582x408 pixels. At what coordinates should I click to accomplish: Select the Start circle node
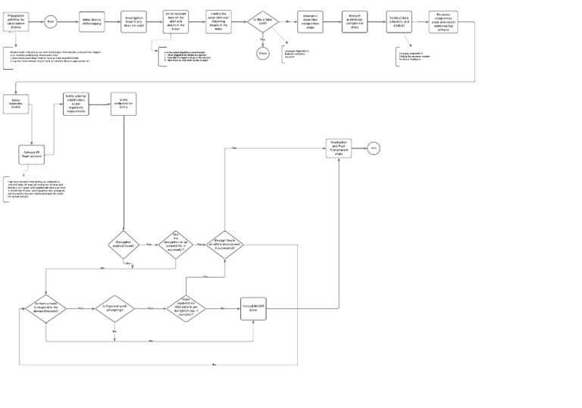51,22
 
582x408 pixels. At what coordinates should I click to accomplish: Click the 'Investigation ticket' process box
134,22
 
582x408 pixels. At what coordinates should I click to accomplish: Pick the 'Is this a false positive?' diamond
262,22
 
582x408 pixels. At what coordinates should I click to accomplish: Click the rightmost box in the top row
449,22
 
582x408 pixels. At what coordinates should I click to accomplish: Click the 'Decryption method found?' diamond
123,246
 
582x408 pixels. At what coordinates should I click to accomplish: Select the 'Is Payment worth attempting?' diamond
114,308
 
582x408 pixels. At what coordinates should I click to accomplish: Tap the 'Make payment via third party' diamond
186,308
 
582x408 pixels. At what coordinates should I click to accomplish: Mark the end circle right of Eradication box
374,148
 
